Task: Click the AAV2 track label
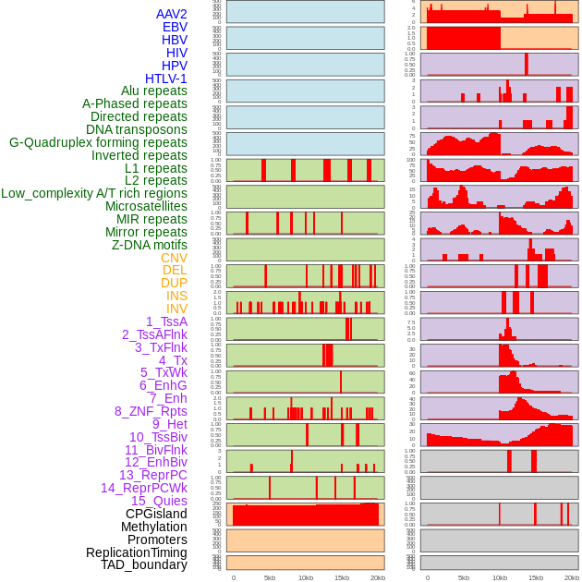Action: coord(171,14)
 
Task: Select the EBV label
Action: coord(175,27)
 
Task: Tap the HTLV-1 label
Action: coord(165,79)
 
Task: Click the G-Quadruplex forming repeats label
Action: coord(98,142)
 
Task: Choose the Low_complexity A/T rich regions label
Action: coord(94,193)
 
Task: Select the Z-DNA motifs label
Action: coord(150,245)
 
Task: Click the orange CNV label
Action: coord(174,258)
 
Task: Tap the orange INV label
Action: coord(176,309)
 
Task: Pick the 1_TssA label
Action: coord(166,321)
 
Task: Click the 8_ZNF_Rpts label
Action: coord(151,411)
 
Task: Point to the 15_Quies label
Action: coord(159,501)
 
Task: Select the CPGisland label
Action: coord(156,514)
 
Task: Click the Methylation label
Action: coord(153,527)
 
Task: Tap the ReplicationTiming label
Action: coord(136,552)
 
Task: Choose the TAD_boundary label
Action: coord(144,564)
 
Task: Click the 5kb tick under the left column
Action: coord(270,577)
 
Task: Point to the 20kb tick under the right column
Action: coord(572,577)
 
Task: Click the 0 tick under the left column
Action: coord(233,577)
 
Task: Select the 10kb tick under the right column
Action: coord(500,577)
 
